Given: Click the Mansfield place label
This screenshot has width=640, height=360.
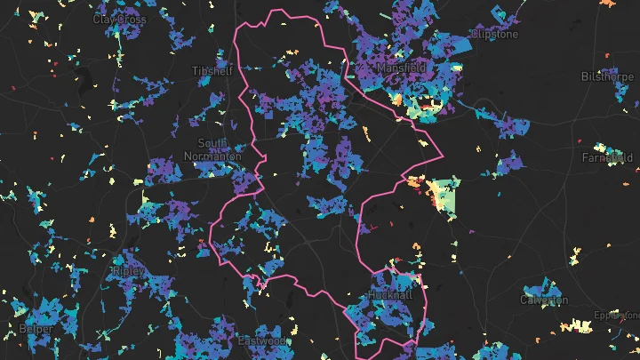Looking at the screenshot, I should tap(401, 68).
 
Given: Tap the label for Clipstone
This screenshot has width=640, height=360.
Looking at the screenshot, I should tap(494, 35).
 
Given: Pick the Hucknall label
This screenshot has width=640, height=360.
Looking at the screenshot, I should tap(392, 295).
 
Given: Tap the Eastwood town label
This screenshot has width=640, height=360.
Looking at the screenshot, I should tap(261, 341).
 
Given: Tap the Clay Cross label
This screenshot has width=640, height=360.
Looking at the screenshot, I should tap(119, 18).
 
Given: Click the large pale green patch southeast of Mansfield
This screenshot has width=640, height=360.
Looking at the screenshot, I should tap(444, 196).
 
